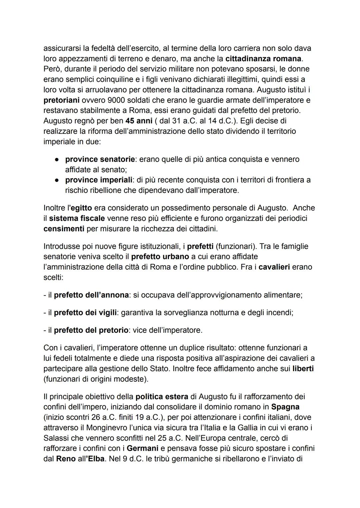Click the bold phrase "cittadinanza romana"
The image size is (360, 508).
coord(263,59)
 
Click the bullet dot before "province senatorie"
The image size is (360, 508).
coord(57,160)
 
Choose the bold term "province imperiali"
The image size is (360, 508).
coord(99,180)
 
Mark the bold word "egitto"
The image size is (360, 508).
coord(81,208)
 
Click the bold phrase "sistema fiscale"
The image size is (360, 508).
coord(77,219)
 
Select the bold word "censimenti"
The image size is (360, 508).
coord(64,229)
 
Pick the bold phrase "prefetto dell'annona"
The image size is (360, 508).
coord(91,295)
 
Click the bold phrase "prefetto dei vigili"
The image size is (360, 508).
coord(85,313)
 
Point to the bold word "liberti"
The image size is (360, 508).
coord(303,369)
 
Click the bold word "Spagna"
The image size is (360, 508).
coord(285,407)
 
